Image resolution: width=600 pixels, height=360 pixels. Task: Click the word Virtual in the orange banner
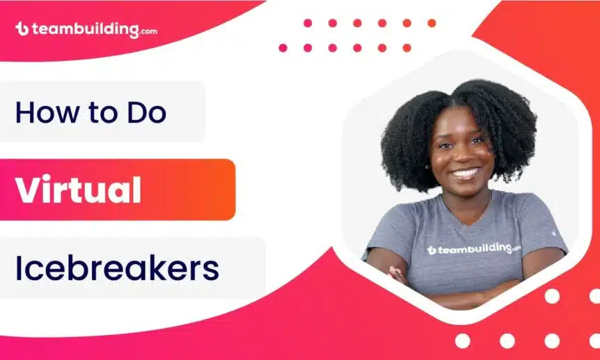click(79, 189)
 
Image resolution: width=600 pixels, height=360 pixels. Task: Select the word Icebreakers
click(117, 267)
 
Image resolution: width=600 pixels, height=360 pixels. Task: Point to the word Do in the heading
click(147, 112)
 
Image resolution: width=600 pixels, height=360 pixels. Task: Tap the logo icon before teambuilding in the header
click(22, 29)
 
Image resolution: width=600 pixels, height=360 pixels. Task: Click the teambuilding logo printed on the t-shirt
click(474, 249)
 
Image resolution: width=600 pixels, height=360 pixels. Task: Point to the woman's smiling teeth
click(465, 173)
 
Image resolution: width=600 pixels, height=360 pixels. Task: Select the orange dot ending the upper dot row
click(432, 23)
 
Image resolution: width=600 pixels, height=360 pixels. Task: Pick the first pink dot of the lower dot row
click(283, 48)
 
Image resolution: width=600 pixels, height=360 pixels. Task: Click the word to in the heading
click(104, 113)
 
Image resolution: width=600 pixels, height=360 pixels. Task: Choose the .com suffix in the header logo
click(148, 32)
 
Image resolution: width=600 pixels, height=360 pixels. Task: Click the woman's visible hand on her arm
click(398, 274)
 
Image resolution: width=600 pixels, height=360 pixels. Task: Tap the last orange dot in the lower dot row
click(407, 48)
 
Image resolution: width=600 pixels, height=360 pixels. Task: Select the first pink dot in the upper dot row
click(308, 23)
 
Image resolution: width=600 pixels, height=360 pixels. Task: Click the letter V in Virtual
click(31, 189)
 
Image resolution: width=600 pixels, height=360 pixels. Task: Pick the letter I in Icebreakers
click(18, 267)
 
